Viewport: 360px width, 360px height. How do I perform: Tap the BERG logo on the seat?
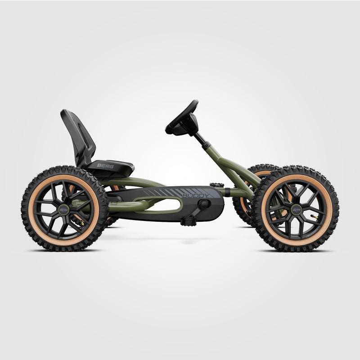105,165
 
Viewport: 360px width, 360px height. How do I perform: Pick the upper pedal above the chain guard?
217,185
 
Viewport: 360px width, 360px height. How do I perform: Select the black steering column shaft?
200,137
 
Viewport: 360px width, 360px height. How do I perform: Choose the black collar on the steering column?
207,145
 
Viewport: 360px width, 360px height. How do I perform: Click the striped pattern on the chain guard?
162,193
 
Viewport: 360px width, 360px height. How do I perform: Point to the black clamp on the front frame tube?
227,193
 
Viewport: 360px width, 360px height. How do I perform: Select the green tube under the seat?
135,182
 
